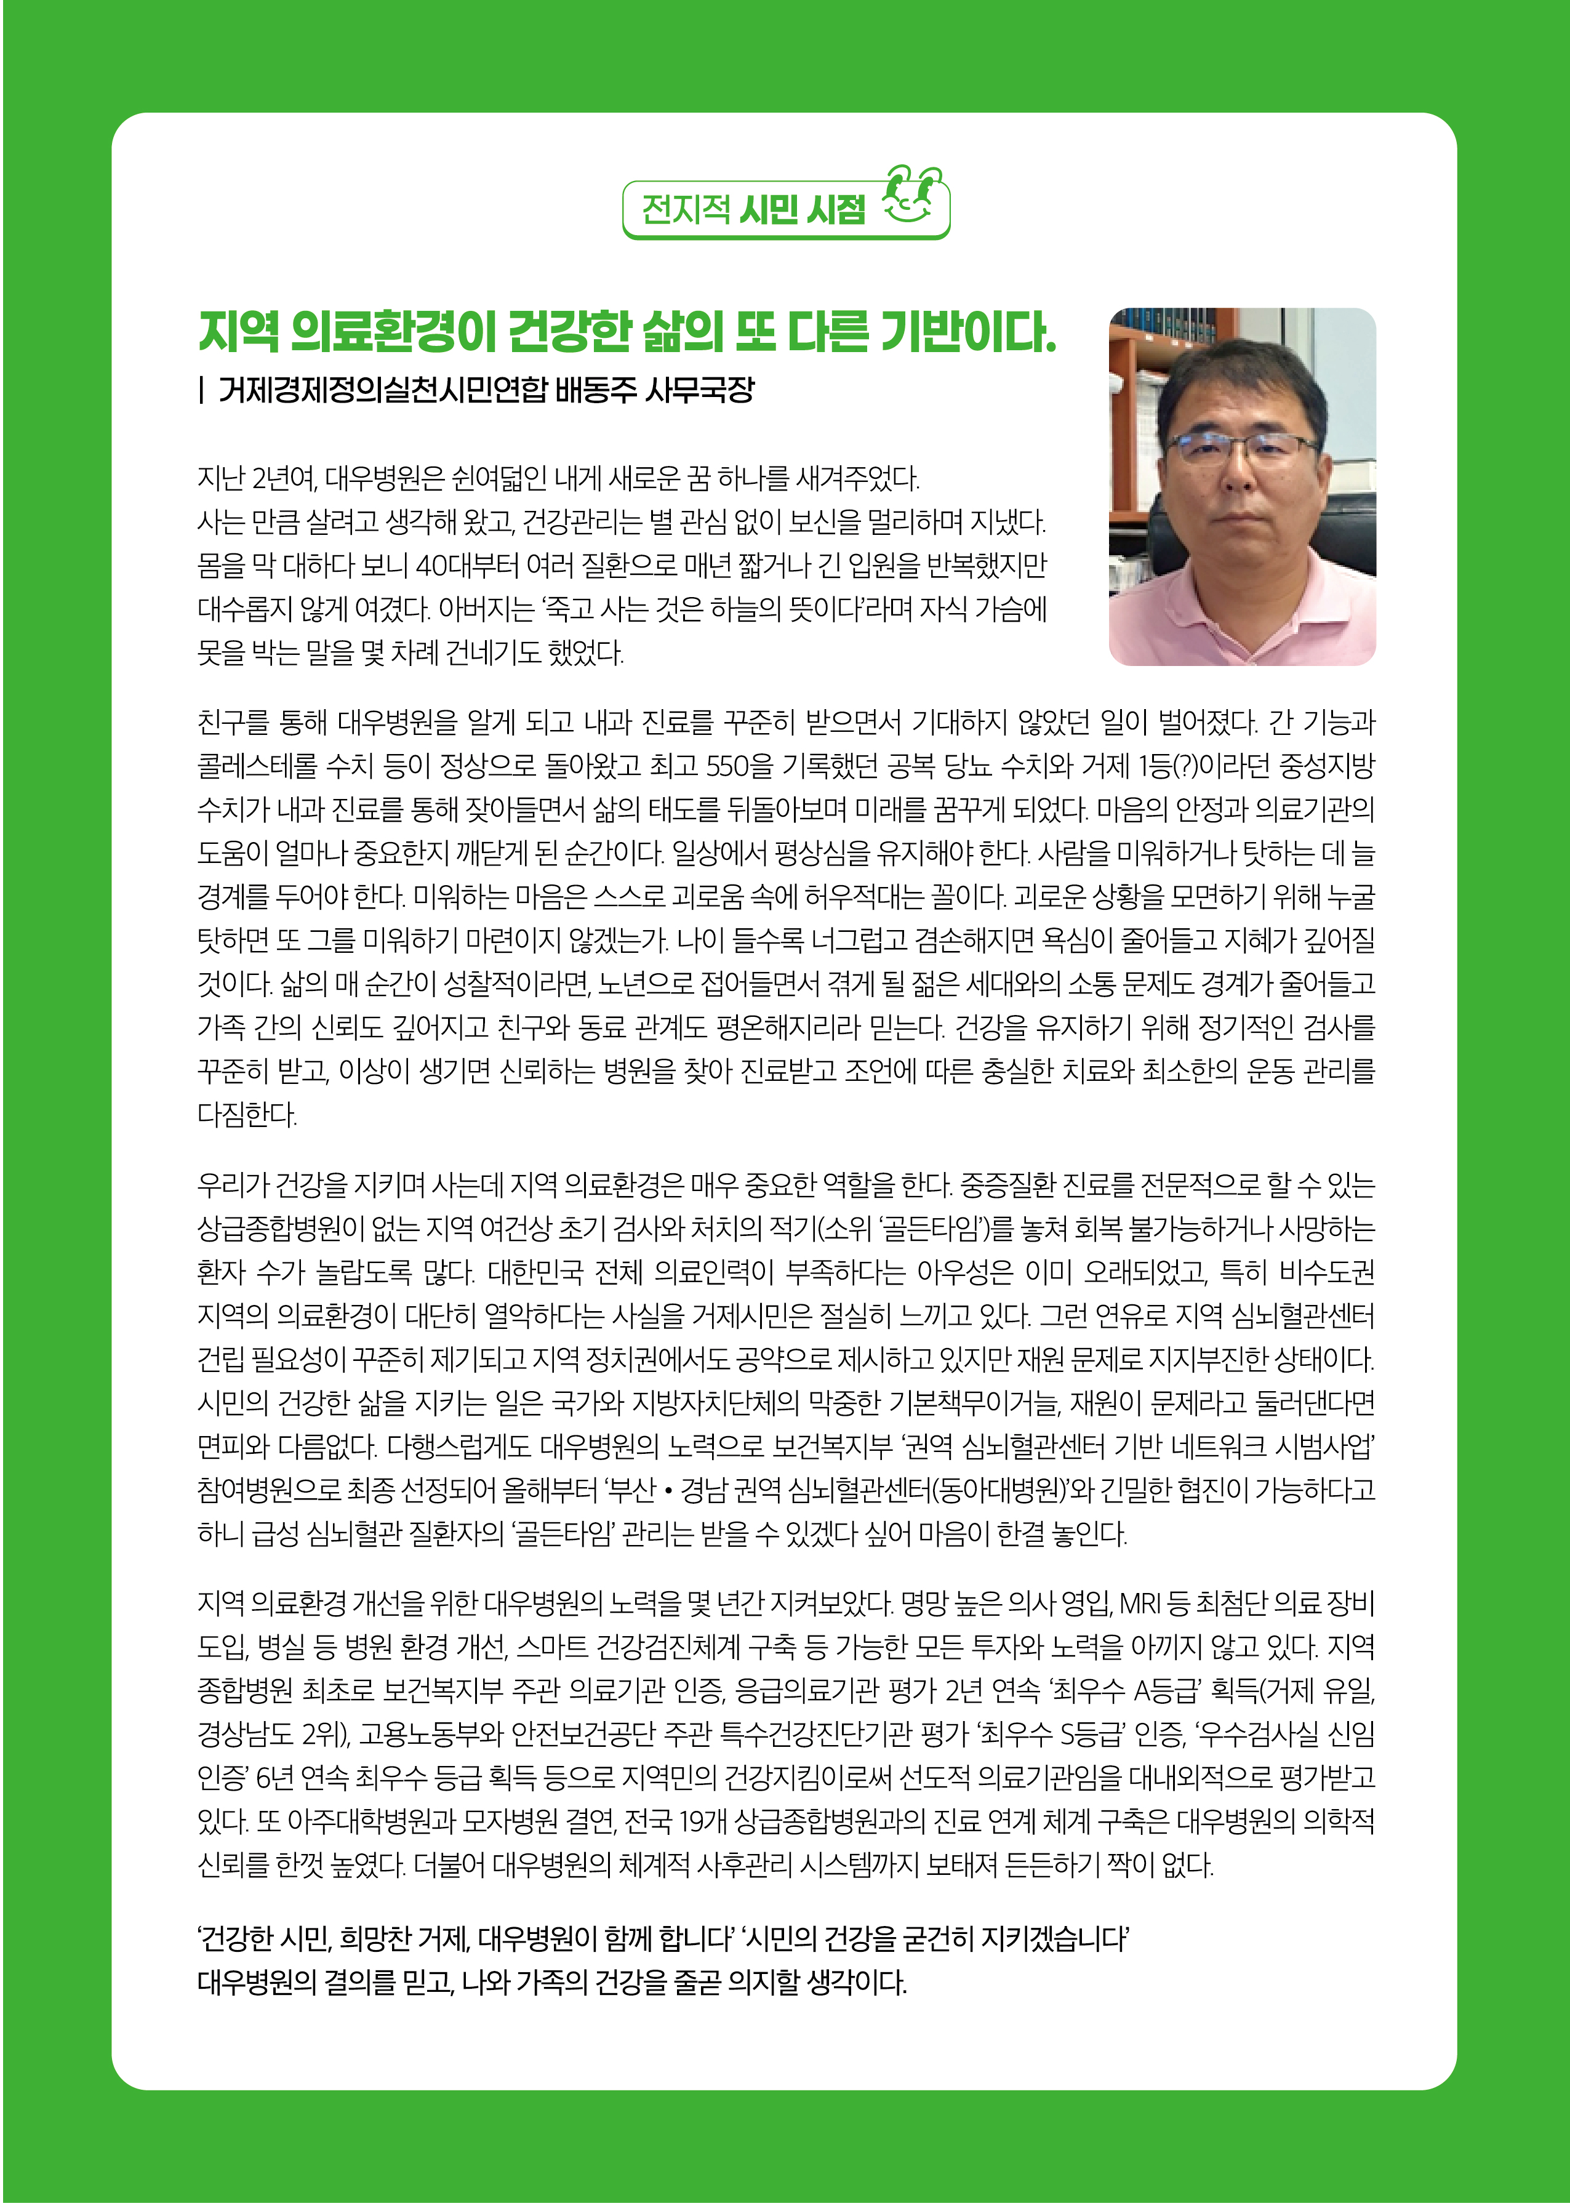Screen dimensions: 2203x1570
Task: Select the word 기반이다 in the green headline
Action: [967, 332]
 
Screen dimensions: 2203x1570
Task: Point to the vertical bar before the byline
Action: [201, 390]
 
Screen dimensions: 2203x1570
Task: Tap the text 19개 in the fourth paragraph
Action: [702, 1822]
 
